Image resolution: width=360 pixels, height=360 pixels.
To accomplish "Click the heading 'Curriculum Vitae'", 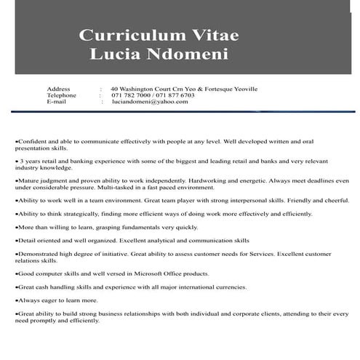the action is (x=159, y=35).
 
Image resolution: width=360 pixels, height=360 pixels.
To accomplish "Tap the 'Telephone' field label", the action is (x=61, y=95).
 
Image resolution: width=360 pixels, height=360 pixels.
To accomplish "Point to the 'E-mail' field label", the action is (x=56, y=102).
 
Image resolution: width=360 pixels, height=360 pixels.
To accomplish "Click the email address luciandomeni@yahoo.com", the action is (x=150, y=102).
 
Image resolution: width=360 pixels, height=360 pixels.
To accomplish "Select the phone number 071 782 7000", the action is (x=131, y=95).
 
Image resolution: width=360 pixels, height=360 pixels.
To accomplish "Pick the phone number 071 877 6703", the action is (x=174, y=95).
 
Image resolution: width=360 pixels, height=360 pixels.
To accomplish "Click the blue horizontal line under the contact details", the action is (x=182, y=111).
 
